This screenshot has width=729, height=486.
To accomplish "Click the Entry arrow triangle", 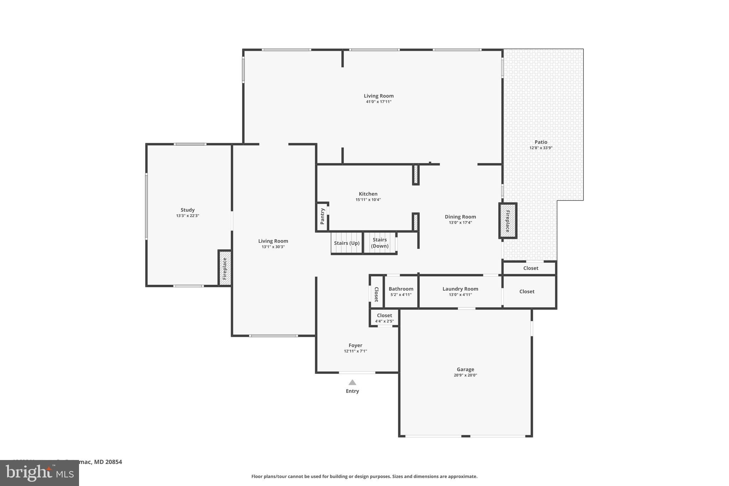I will click(352, 383).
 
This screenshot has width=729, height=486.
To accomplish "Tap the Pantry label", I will click(322, 216).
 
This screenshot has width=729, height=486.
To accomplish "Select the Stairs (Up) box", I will click(347, 243).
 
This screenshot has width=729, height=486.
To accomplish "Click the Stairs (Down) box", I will click(380, 243).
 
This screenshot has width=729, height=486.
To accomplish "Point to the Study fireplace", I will click(225, 268).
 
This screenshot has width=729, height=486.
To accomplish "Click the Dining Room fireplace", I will click(508, 221).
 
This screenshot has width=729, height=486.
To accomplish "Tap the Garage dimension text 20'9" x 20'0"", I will click(465, 375).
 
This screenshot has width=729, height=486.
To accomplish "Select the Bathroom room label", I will click(401, 289).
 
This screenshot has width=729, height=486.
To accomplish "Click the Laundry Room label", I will click(460, 289).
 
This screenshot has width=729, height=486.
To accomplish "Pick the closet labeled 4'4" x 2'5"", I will click(384, 318).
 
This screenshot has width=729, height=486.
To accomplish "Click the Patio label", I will click(541, 142).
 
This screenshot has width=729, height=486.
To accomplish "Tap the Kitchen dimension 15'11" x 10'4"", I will click(368, 200).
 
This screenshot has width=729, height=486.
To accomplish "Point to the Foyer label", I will click(355, 345).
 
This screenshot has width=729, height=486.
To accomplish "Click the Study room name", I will click(188, 210).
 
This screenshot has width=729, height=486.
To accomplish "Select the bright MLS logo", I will click(40, 473).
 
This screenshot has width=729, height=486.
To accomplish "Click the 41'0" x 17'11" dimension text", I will click(379, 102).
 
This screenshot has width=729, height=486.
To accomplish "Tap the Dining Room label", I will click(460, 217).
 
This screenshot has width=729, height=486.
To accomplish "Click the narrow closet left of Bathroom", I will click(376, 294).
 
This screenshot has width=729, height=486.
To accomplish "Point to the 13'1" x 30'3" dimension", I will click(273, 247).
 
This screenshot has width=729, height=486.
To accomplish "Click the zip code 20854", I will click(114, 462).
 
